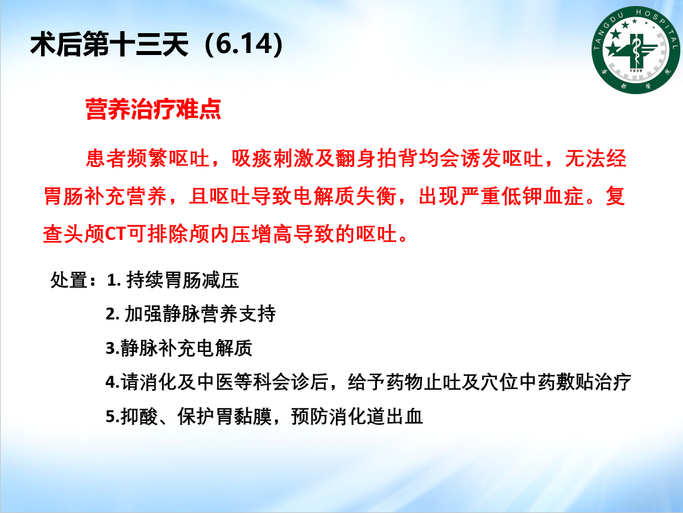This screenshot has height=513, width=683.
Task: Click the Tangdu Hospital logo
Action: click(x=635, y=50)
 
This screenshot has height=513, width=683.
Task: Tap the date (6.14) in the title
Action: click(x=244, y=44)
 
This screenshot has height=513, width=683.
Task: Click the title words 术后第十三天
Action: click(x=109, y=44)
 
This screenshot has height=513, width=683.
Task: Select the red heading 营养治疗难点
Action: click(x=153, y=109)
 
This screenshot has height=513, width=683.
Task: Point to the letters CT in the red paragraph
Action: click(x=115, y=235)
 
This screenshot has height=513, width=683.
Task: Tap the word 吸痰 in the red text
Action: click(x=252, y=158)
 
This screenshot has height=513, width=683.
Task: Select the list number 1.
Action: click(x=113, y=280)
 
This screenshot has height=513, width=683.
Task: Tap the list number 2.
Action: click(x=113, y=314)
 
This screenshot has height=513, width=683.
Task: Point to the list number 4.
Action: click(x=112, y=382)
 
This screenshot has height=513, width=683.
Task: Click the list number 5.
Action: click(x=112, y=417)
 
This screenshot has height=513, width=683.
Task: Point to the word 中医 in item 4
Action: click(x=215, y=382)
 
